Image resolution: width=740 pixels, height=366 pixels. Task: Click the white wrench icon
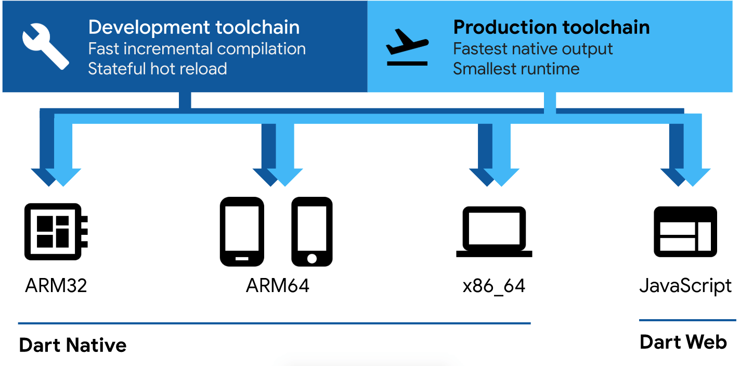(x=45, y=46)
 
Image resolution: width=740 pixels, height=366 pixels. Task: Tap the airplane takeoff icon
(x=407, y=47)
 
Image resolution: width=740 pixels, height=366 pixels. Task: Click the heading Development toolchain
(x=194, y=27)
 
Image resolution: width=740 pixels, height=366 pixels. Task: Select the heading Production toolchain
(x=551, y=27)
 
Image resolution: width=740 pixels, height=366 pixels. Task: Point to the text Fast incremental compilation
(x=197, y=49)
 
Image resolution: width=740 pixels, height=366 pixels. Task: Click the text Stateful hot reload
(x=158, y=69)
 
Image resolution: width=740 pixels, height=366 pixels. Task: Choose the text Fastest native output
(x=533, y=49)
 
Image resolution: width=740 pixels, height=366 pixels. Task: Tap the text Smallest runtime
(x=516, y=69)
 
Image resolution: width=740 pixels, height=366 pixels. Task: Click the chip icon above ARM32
(x=56, y=232)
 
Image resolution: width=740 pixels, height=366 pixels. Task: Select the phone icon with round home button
(x=312, y=232)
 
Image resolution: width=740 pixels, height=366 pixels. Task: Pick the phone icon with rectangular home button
(x=242, y=232)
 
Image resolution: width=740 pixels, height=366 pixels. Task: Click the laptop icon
(x=494, y=232)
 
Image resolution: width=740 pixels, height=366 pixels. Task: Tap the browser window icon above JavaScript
(x=685, y=232)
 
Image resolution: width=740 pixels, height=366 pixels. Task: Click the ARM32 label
(x=56, y=286)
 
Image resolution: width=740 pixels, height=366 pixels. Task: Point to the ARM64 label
(x=278, y=286)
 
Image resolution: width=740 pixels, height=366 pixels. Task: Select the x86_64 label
(x=494, y=286)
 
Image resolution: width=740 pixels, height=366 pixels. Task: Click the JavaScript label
(x=685, y=286)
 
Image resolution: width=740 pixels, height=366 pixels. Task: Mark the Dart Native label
(x=73, y=345)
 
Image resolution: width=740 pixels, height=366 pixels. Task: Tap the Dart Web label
(x=683, y=342)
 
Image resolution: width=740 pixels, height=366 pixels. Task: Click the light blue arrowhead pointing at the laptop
(x=501, y=177)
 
